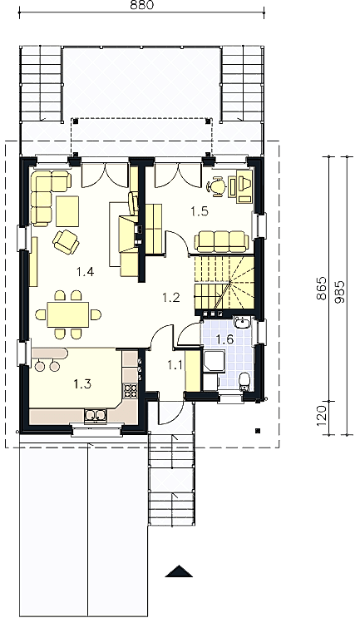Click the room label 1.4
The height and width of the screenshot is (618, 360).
tap(85, 271)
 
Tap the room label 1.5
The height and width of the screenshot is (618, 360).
tap(200, 211)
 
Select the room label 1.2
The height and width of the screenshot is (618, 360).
tap(171, 297)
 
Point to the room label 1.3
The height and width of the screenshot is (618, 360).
tap(82, 383)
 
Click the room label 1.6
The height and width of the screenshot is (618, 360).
tap(225, 339)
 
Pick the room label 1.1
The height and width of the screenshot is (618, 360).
tap(175, 365)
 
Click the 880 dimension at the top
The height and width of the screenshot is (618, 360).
tap(141, 6)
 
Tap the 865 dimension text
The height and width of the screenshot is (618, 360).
tap(322, 288)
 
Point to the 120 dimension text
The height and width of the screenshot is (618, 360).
tap(322, 415)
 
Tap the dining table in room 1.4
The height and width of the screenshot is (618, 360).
tap(68, 314)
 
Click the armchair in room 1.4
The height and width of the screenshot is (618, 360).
tap(66, 241)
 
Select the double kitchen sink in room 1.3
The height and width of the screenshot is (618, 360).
tap(95, 415)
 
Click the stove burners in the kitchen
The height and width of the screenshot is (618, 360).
tap(131, 390)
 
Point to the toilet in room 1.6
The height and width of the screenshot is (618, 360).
tap(245, 381)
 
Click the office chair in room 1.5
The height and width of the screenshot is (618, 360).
tap(216, 185)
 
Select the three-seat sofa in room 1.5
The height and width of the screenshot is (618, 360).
tap(222, 241)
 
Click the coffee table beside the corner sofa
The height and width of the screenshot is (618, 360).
tap(67, 211)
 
